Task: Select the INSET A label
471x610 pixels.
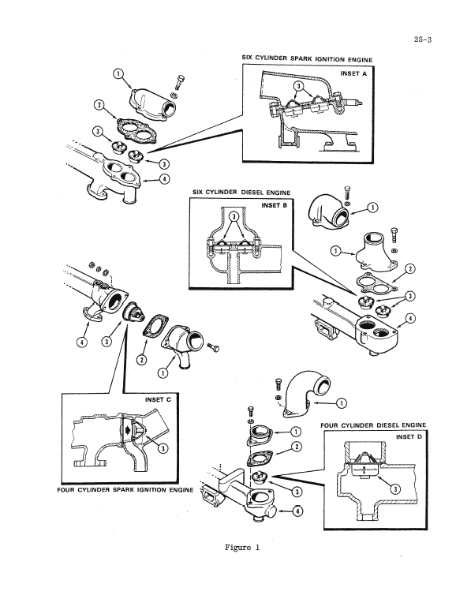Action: pos(353,73)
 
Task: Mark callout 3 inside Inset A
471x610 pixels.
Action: pos(299,86)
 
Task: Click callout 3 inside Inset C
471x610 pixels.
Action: pos(163,448)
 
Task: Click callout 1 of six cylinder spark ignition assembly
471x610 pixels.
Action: pos(118,74)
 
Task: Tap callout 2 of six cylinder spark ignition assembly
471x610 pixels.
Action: pos(99,105)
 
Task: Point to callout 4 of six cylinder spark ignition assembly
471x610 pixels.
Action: pos(163,178)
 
